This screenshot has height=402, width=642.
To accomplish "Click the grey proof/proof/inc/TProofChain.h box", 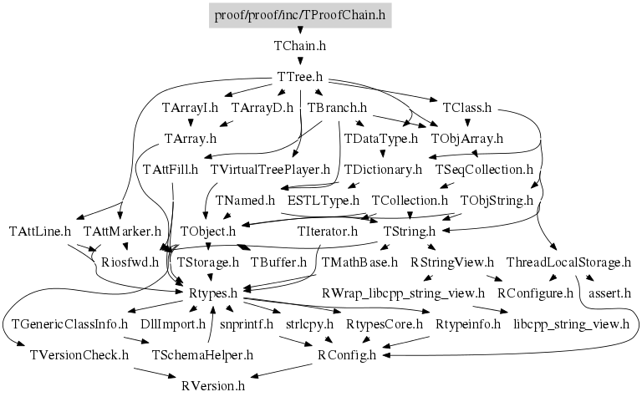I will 300,15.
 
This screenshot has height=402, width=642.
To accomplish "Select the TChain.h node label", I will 300,46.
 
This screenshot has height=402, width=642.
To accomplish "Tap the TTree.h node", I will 300,77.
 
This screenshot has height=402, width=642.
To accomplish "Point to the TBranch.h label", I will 338,108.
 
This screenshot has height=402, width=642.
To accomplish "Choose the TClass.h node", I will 466,108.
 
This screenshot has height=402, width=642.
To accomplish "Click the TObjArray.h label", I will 466,139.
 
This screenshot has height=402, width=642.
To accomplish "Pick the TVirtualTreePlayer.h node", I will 271,170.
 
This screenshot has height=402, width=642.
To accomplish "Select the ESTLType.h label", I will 323,201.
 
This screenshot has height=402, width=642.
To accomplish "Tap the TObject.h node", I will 208,232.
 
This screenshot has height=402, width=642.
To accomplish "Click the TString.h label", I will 410,232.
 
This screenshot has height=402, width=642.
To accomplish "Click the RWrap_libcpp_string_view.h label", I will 403,293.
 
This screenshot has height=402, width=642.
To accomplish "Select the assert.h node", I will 609,293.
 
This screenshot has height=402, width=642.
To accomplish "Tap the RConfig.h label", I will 347,355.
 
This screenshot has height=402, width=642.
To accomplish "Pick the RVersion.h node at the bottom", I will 213,386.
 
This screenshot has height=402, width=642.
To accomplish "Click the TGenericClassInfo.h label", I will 69,324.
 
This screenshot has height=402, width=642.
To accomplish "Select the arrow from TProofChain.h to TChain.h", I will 300,31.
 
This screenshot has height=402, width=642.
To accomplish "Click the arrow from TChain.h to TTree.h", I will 300,62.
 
